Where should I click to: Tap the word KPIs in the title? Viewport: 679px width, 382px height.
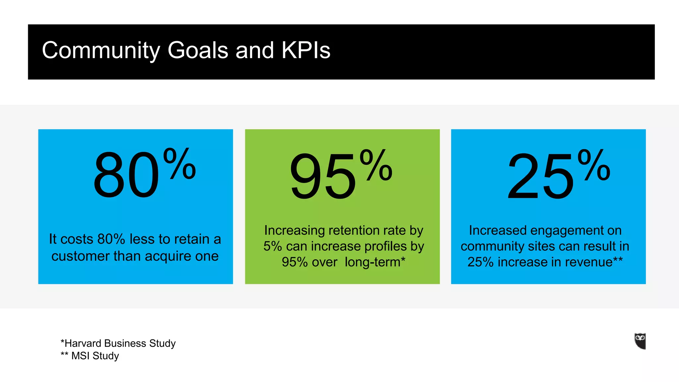click(306, 51)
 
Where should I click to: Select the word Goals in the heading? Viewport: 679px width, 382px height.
click(198, 51)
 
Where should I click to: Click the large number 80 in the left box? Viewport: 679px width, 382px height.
click(127, 175)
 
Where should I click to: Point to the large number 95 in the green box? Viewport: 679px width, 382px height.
click(323, 176)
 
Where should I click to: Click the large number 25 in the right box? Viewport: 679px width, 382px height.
click(540, 176)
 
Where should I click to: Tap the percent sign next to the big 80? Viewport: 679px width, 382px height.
click(180, 164)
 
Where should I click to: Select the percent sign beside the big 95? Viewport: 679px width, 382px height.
click(376, 165)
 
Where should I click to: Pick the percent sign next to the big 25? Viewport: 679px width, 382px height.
click(594, 165)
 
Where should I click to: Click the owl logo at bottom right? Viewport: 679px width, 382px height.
click(640, 341)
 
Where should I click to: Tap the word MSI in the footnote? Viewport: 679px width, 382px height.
click(80, 356)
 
